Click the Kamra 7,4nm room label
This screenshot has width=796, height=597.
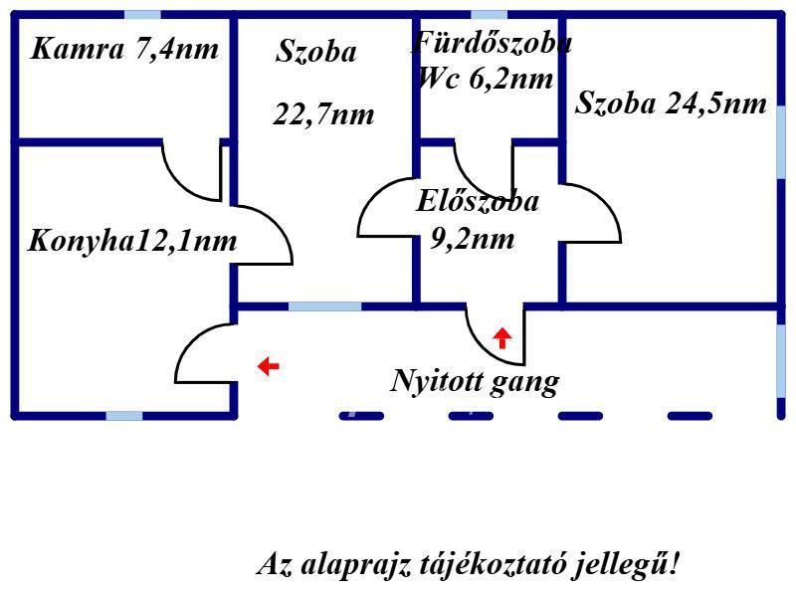[124, 49]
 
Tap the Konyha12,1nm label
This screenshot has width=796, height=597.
[132, 241]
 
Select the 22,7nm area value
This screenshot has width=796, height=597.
[323, 114]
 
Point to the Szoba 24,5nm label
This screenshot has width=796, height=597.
[671, 103]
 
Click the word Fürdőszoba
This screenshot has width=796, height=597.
[493, 44]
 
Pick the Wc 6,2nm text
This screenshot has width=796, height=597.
[485, 79]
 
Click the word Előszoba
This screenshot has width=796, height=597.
[478, 201]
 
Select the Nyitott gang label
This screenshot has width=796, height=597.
[475, 381]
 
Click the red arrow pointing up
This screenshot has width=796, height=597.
[502, 337]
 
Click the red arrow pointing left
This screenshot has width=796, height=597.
[268, 366]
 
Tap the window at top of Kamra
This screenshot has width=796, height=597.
[142, 15]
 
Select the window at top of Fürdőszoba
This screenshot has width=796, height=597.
[489, 15]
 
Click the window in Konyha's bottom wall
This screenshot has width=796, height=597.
[124, 415]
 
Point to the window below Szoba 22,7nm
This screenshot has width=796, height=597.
[324, 305]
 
